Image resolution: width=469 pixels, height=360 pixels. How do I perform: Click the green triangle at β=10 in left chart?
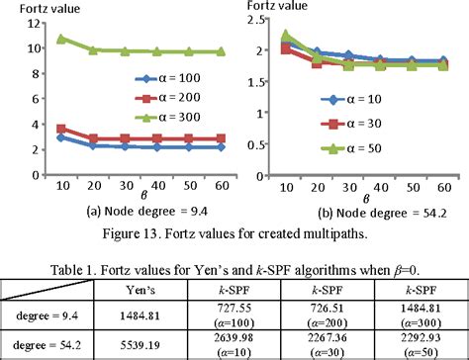coord(61,40)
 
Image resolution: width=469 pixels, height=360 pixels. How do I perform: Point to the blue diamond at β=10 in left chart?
coord(61,136)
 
